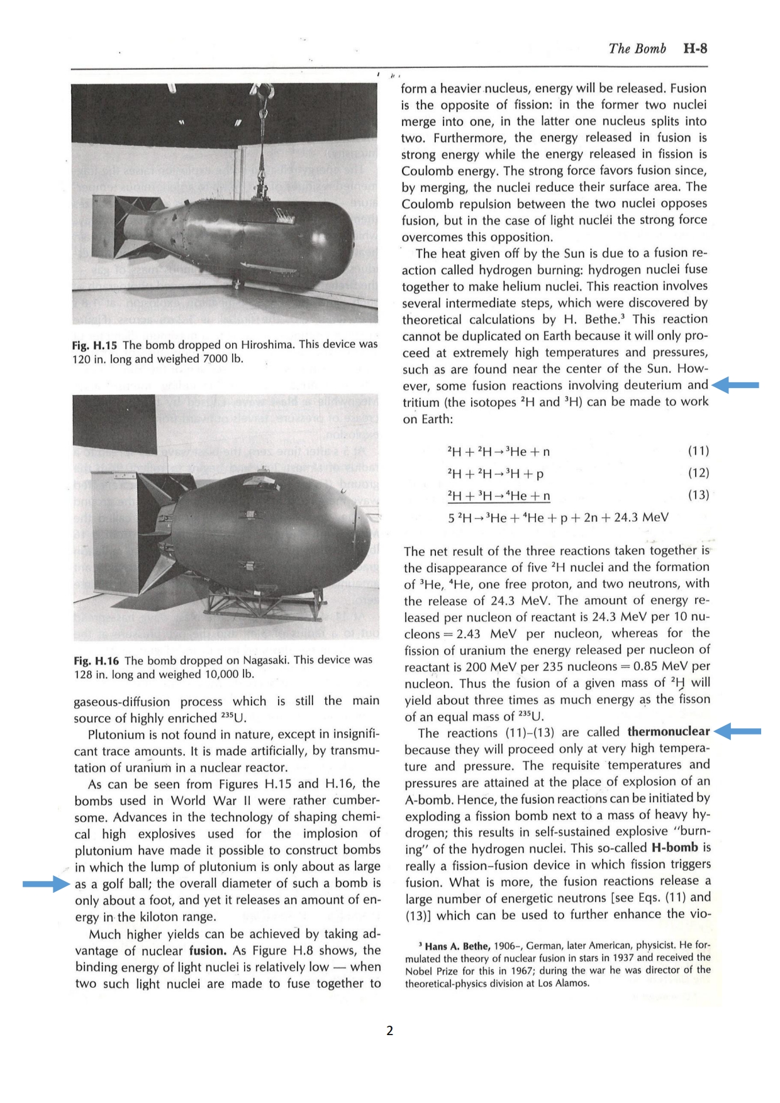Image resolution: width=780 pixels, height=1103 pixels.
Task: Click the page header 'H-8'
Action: pos(694,49)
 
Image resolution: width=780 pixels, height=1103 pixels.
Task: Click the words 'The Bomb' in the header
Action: pos(637,49)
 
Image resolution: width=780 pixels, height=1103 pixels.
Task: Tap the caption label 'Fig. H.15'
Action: pos(94,345)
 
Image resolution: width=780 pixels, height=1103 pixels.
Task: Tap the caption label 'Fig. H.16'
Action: pos(96,661)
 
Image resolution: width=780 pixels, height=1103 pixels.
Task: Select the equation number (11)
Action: pos(698,451)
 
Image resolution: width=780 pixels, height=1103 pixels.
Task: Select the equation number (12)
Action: pos(698,473)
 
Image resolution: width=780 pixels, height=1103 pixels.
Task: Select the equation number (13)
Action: pos(698,495)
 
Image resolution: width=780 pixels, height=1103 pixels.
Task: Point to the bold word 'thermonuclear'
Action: pos(668,732)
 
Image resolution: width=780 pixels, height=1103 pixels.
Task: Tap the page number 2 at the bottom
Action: pos(390,1031)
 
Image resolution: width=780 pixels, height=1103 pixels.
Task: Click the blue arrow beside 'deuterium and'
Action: pos(736,385)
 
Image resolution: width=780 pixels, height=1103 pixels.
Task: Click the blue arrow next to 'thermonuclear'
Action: pos(738,731)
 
